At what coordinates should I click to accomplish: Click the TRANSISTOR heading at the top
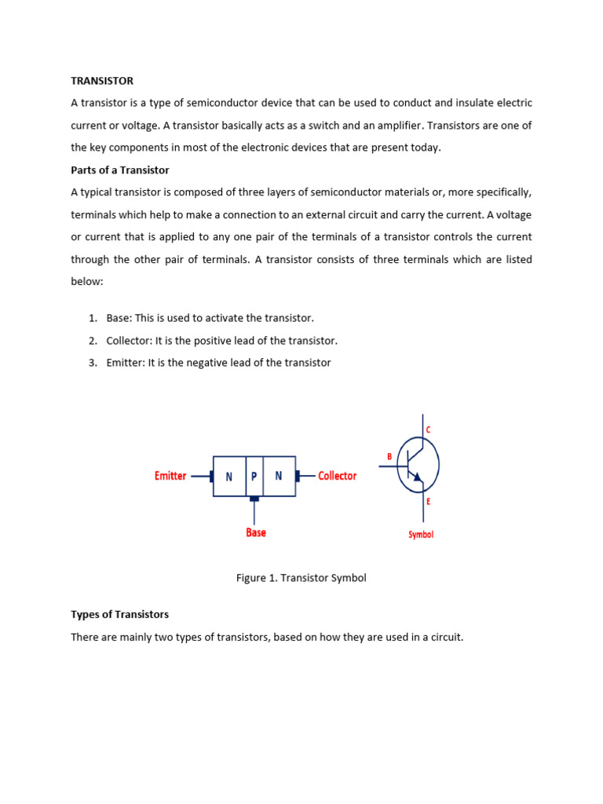(102, 81)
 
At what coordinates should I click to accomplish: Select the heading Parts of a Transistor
(120, 170)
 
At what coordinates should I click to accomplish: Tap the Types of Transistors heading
(120, 614)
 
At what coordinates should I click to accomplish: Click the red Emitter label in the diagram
(170, 476)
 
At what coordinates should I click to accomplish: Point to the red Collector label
(337, 476)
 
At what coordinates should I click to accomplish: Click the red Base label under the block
(256, 532)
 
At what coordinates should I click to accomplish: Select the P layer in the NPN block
(254, 477)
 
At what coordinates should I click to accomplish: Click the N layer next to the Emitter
(229, 477)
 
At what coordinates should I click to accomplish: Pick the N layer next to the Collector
(279, 477)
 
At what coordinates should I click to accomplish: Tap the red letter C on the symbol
(428, 430)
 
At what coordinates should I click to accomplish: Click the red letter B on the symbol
(389, 456)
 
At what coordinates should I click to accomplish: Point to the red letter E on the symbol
(428, 501)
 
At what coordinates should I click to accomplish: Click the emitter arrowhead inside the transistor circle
(417, 477)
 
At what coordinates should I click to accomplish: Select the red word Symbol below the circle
(420, 535)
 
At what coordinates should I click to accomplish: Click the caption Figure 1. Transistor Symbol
(301, 578)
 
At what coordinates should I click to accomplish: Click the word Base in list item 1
(119, 318)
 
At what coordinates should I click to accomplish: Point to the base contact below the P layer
(254, 499)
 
